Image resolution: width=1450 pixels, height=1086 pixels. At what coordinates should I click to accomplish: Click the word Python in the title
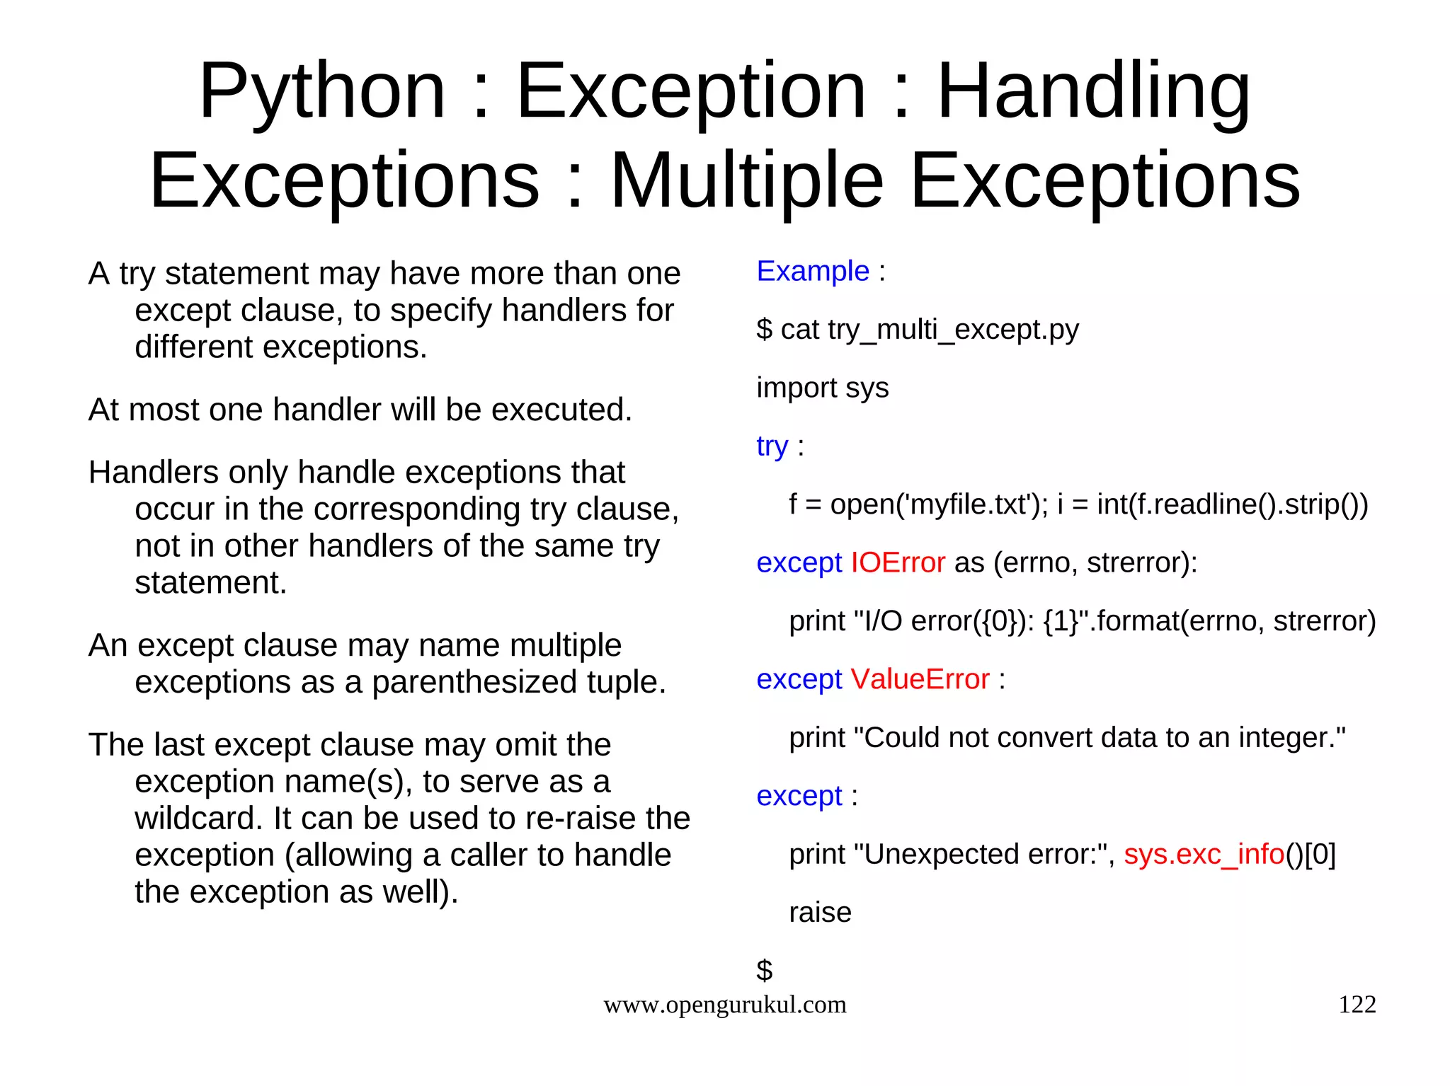click(322, 92)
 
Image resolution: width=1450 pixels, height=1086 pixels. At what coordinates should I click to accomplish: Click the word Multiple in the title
click(747, 182)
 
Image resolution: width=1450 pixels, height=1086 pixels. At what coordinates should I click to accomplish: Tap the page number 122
click(1357, 1005)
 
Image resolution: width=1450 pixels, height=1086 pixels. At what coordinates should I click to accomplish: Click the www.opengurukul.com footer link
click(724, 1005)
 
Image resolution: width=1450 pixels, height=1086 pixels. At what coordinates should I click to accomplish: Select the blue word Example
click(812, 272)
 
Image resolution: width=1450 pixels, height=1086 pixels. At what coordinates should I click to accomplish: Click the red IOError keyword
click(897, 563)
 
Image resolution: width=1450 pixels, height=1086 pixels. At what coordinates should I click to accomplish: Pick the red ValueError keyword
click(920, 680)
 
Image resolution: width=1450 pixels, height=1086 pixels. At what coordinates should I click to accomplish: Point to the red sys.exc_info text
click(1204, 855)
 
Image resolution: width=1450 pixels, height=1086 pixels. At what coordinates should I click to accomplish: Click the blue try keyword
click(772, 447)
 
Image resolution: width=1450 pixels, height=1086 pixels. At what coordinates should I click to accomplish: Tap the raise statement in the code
click(820, 913)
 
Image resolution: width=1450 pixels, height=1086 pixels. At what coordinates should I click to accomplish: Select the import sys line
click(822, 388)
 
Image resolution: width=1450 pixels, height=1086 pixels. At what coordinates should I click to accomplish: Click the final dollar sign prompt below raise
click(764, 970)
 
